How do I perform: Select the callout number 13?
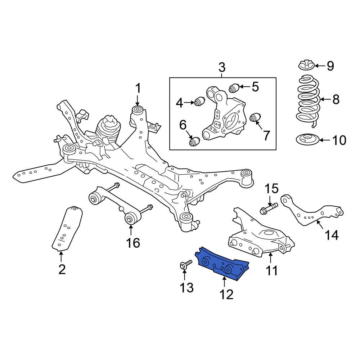pos(187,287)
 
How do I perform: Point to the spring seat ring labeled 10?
pos(307,140)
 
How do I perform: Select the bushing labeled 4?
pos(199,102)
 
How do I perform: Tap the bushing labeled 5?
pos(234,87)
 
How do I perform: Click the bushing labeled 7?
pos(256,118)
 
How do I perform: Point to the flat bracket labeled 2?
pos(67,229)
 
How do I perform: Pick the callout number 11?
pos(271,270)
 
